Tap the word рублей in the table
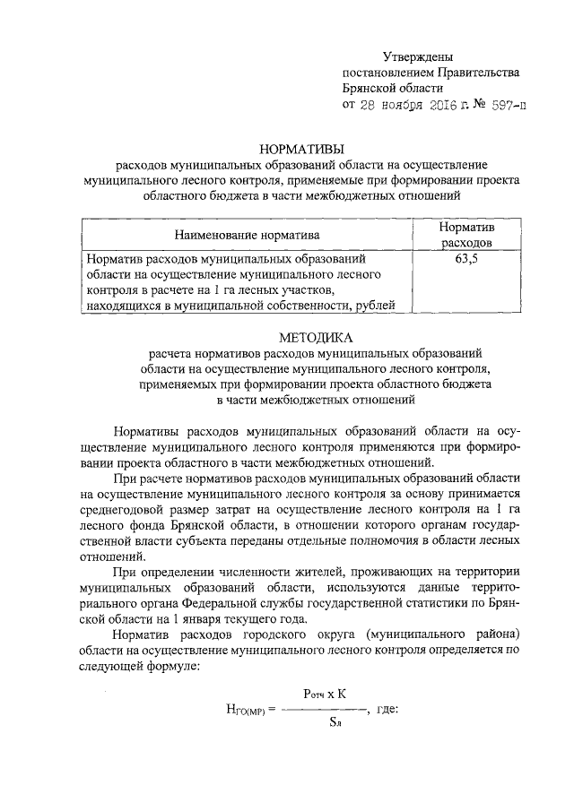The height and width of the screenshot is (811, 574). click(x=373, y=306)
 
